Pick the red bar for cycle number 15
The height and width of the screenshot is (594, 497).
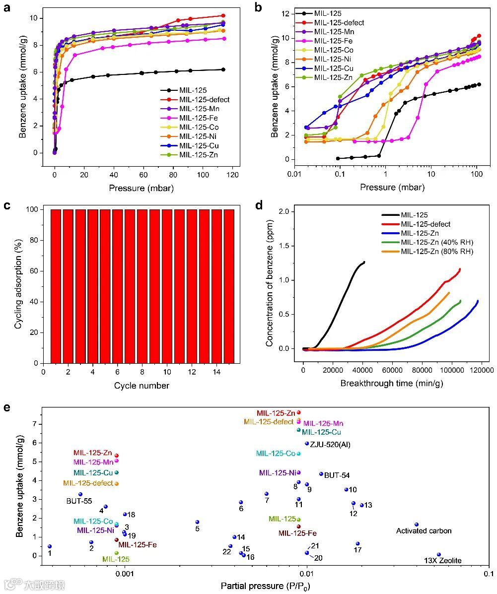(x=229, y=286)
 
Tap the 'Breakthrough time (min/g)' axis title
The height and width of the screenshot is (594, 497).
(x=391, y=384)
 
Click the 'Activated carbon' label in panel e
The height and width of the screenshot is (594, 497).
(x=424, y=531)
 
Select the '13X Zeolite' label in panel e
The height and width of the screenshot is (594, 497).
(x=442, y=561)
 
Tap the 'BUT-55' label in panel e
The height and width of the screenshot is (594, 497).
(x=79, y=501)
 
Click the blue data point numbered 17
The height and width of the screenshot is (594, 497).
(x=357, y=543)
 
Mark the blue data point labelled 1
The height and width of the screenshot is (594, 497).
(x=50, y=546)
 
